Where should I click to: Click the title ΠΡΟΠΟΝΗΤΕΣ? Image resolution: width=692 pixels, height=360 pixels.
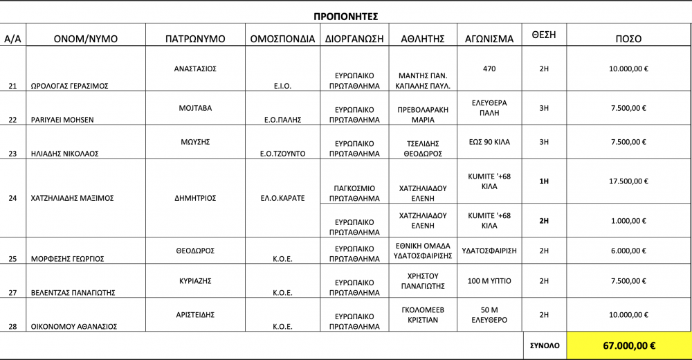345,16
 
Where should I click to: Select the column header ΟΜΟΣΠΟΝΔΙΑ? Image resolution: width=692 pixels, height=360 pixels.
282,39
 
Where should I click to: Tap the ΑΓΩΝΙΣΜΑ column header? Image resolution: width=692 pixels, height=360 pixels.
489,39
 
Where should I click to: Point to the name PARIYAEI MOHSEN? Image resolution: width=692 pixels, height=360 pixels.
62,120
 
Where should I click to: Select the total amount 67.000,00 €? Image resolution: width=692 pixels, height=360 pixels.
628,345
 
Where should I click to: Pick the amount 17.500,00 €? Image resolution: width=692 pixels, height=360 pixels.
628,181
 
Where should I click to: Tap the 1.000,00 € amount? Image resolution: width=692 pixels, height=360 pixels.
628,221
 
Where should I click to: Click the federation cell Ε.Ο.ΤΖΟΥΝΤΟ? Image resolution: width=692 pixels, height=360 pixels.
282,154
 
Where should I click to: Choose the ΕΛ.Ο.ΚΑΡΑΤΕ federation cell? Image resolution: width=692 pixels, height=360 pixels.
282,198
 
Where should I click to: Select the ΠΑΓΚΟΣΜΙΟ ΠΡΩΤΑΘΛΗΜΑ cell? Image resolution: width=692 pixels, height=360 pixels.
354,193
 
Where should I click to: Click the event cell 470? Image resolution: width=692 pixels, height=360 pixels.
489,69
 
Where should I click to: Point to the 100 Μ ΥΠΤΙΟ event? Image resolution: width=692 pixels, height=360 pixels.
489,281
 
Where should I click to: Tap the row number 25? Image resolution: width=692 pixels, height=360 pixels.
12,259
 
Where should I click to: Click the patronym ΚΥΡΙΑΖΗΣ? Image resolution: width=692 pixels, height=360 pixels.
195,281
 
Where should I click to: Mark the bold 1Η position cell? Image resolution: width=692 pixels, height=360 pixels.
544,181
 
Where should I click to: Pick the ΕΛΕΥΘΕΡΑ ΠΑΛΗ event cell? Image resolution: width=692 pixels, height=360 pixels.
489,108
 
